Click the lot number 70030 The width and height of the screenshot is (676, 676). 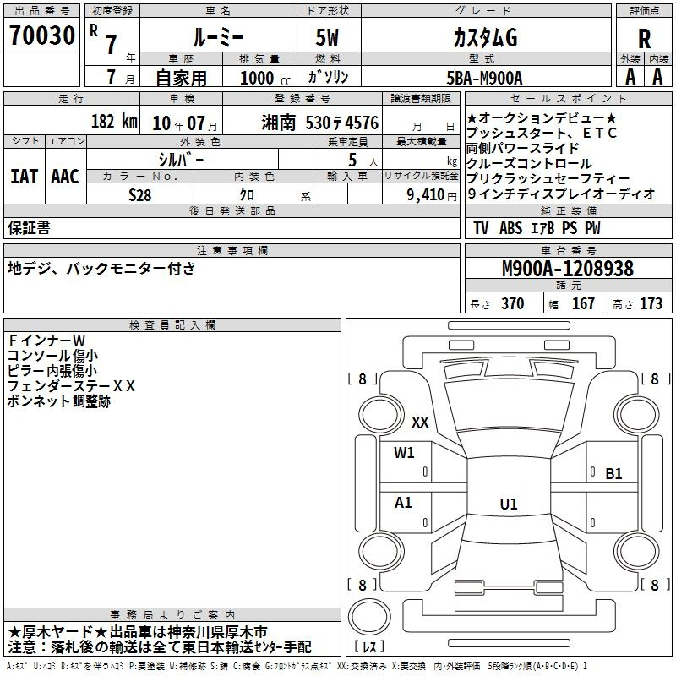(42, 38)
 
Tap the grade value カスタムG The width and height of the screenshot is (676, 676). (483, 38)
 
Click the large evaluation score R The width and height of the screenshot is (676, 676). (644, 38)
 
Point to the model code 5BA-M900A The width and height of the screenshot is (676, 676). (483, 77)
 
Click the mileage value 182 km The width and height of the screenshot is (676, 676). (113, 122)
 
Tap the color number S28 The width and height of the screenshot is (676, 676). (139, 194)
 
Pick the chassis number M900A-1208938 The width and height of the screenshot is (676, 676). (567, 270)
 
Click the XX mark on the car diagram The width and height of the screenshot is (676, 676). (420, 422)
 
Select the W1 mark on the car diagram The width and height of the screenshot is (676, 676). (404, 453)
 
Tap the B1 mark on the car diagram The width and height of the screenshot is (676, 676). (613, 474)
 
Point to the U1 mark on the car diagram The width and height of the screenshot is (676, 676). (508, 504)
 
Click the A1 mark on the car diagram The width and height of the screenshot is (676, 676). (404, 503)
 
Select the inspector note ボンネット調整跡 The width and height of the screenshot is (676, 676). (58, 402)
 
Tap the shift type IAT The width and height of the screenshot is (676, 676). (23, 177)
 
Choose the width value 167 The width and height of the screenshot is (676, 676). (583, 304)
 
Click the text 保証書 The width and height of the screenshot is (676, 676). (29, 228)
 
